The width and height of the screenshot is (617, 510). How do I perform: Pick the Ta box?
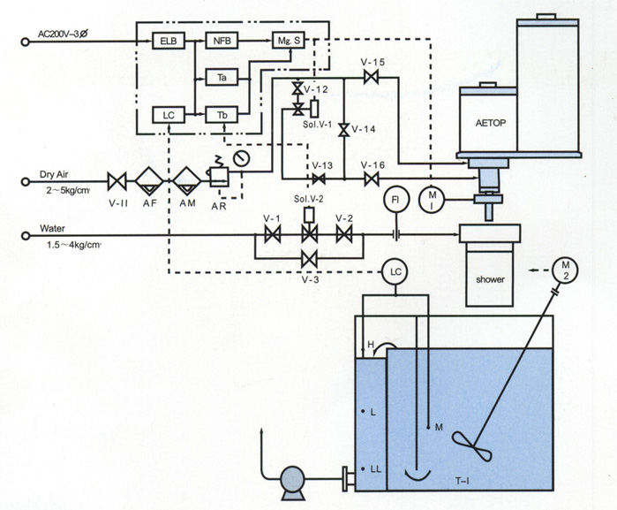click(222, 78)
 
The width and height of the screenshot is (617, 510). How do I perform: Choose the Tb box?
click(222, 115)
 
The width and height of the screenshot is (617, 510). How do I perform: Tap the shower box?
click(489, 279)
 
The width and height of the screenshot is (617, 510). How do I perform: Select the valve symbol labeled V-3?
click(309, 256)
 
